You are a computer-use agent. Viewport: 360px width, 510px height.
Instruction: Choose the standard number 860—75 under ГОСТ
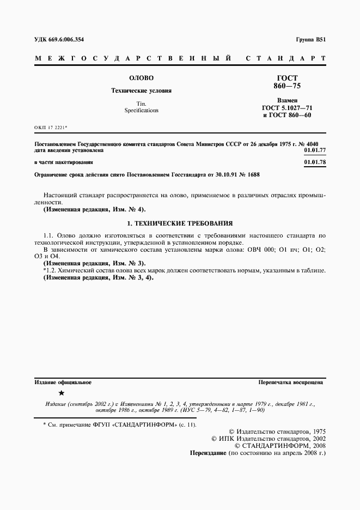[x=287, y=86]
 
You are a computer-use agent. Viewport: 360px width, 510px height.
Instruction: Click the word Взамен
[x=287, y=101]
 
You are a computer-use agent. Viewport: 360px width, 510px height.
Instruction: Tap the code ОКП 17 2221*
[x=51, y=129]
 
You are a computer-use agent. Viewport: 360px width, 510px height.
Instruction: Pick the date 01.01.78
[x=314, y=162]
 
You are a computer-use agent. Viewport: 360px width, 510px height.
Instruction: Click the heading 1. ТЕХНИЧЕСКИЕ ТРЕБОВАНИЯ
[x=180, y=223]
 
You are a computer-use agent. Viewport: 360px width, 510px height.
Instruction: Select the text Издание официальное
[x=63, y=382]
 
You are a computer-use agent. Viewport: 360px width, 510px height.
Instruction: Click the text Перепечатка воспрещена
[x=291, y=382]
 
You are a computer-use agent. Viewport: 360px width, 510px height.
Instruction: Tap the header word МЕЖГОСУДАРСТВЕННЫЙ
[x=131, y=58]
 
